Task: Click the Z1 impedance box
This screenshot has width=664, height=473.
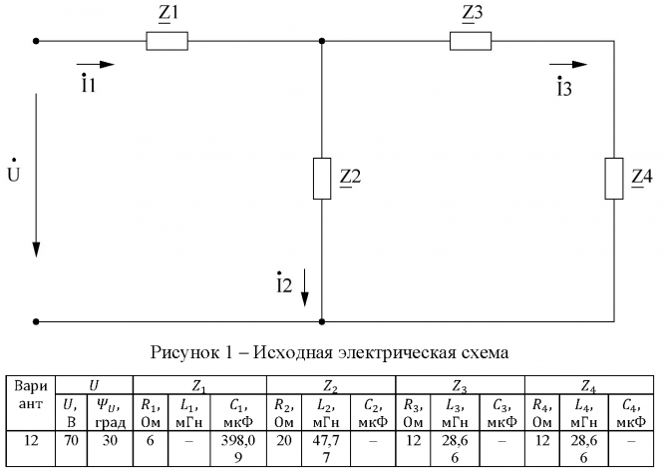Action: click(x=166, y=42)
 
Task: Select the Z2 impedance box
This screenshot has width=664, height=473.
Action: click(x=322, y=178)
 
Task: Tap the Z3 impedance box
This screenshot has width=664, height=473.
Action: click(x=471, y=42)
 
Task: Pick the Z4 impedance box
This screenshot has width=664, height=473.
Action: click(x=611, y=178)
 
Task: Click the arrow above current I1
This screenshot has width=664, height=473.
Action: click(x=101, y=65)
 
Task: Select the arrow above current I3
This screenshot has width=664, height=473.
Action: click(x=573, y=65)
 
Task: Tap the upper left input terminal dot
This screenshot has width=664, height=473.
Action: click(x=37, y=42)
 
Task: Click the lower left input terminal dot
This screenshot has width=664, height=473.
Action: click(x=37, y=322)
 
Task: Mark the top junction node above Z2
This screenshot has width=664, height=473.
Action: click(x=322, y=42)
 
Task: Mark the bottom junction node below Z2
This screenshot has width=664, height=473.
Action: click(x=322, y=322)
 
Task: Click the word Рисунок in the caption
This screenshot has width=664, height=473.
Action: click(x=183, y=351)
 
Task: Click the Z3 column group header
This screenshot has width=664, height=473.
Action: click(x=460, y=383)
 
